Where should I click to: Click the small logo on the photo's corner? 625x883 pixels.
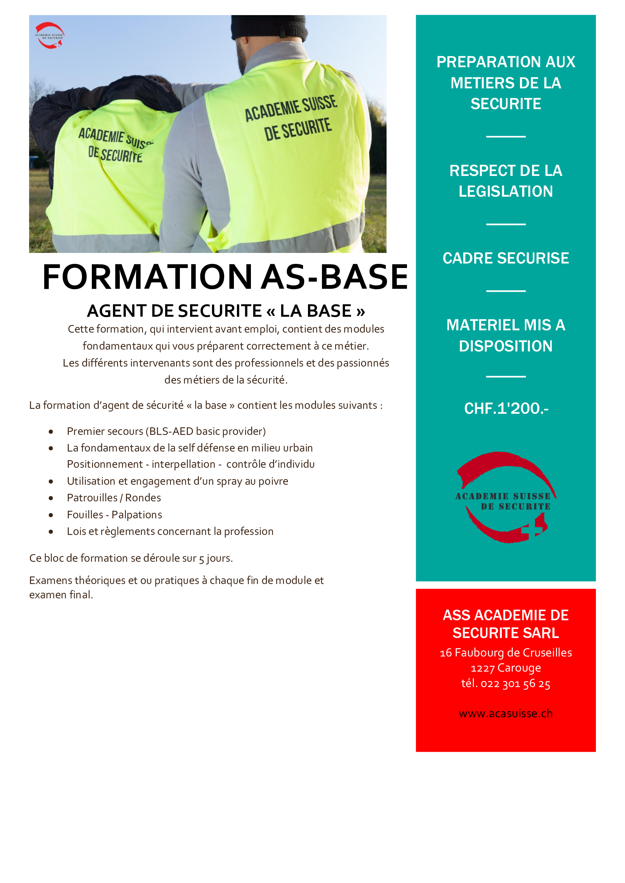[50, 36]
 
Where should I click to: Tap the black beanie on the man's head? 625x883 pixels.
[269, 27]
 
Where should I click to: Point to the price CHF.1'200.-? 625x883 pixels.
[506, 408]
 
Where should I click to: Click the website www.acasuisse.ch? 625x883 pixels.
[506, 713]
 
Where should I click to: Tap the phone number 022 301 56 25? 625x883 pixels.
[515, 683]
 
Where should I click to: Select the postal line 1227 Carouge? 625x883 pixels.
[506, 668]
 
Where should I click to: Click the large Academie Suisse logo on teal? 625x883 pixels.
[506, 497]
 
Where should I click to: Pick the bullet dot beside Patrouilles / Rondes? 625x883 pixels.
[51, 498]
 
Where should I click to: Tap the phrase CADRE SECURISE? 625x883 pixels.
[506, 258]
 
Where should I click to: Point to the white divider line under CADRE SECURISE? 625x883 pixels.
[506, 291]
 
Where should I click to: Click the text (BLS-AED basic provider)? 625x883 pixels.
[206, 431]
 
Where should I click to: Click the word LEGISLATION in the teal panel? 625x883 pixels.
[506, 191]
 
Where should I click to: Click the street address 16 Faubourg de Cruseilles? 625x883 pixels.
[506, 653]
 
